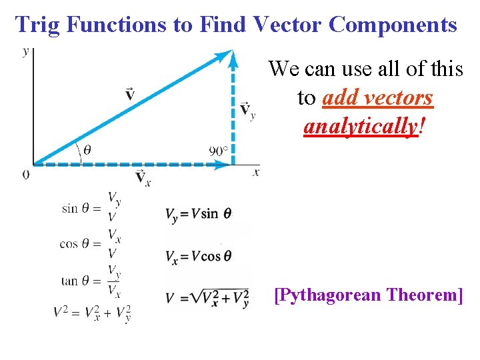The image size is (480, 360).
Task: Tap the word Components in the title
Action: tap(393, 25)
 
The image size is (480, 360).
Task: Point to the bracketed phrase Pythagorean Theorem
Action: tap(368, 294)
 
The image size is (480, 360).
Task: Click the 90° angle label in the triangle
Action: tap(219, 151)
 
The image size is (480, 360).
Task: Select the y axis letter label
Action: tap(26, 51)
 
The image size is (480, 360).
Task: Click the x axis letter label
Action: tap(255, 172)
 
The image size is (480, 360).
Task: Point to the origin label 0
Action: tap(26, 175)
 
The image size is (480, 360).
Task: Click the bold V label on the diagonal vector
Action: tap(130, 94)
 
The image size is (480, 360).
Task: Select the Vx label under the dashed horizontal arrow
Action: tap(142, 177)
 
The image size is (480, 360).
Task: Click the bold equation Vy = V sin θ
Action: tap(199, 214)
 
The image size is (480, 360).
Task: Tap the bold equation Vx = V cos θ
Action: tap(198, 256)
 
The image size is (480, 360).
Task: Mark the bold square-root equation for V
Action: tap(207, 297)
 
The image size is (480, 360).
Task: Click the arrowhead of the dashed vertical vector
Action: tap(233, 59)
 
